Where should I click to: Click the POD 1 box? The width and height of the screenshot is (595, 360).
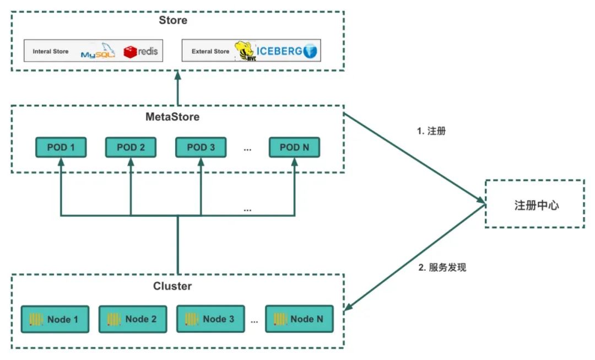pos(61,147)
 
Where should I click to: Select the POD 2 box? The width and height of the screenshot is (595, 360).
pos(131,147)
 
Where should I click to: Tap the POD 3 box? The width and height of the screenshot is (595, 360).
pos(201,147)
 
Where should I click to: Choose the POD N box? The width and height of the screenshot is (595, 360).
pos(294,147)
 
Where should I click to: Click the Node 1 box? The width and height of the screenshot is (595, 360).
pos(55,319)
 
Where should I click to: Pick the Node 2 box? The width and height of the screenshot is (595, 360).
pos(133,319)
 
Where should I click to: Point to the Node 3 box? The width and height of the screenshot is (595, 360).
pos(210,319)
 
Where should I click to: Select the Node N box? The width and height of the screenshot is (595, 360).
pos(299,319)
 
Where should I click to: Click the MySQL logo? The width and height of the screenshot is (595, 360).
pos(98,51)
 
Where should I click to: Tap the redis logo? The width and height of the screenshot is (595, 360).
pos(140,52)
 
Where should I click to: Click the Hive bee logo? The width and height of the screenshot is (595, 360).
pos(246,51)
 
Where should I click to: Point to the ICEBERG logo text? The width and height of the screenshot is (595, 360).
pos(279,51)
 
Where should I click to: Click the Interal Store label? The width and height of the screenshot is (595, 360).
pos(51,51)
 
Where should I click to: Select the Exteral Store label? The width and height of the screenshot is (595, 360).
pos(210,51)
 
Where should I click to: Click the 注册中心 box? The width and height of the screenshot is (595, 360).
pos(535,204)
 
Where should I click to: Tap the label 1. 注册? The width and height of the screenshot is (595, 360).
pos(431,131)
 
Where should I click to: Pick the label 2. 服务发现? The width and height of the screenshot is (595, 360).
pos(442,267)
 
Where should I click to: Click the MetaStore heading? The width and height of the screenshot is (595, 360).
pos(172,116)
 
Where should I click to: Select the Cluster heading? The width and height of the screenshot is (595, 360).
pos(172,286)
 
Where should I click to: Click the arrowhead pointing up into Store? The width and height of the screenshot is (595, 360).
pos(177,75)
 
